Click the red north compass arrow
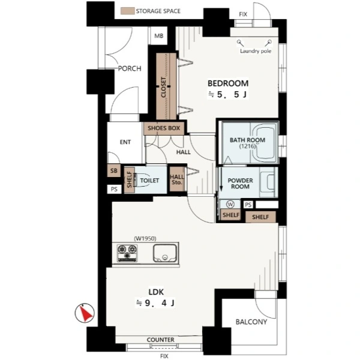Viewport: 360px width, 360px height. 86,313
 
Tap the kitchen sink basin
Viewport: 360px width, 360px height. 165,253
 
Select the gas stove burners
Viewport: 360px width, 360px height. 127,253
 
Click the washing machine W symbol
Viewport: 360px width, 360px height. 230,204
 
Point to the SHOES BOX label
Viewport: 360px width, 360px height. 164,128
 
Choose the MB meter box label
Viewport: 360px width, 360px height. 159,36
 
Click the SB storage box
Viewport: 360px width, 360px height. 114,170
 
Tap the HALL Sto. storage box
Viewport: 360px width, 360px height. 177,179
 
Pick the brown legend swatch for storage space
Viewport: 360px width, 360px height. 128,11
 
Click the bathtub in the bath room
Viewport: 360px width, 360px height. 264,143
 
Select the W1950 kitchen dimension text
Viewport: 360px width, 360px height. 145,239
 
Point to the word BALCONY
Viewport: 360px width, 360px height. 251,322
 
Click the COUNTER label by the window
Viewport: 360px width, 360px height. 160,340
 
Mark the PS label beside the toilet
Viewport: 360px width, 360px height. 114,190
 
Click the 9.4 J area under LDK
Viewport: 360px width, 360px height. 155,303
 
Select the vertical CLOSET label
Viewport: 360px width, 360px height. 163,87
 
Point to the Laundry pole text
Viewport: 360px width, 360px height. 256,51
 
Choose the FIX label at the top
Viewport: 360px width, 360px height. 243,14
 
